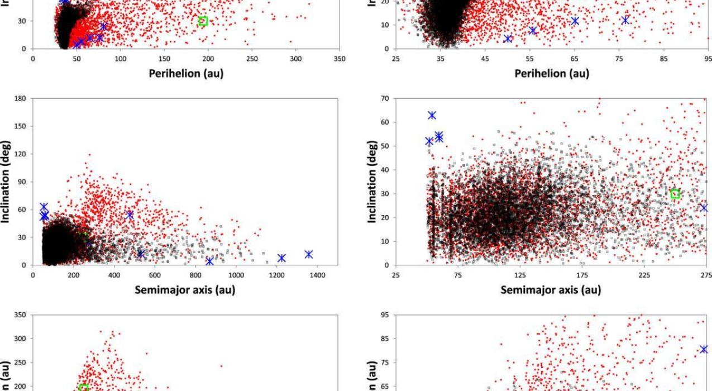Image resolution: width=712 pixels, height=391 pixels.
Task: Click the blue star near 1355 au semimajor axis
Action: click(x=308, y=254)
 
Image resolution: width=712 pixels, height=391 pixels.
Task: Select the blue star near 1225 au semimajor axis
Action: click(x=281, y=258)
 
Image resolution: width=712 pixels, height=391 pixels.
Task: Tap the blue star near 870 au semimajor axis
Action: click(x=209, y=261)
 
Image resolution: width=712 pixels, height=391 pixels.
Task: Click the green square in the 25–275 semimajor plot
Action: click(x=675, y=194)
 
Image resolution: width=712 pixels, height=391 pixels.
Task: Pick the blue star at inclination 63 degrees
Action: click(x=432, y=115)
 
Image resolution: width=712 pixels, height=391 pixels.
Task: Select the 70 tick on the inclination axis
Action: click(x=384, y=98)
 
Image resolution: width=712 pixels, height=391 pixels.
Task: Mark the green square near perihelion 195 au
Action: click(x=203, y=21)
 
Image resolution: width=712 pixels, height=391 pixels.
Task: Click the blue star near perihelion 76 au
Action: click(x=625, y=20)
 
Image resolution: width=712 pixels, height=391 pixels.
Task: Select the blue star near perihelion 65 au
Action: click(x=575, y=21)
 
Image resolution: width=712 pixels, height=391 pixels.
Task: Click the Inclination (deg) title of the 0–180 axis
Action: click(x=6, y=182)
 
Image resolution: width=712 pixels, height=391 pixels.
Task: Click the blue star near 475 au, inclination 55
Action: click(x=130, y=214)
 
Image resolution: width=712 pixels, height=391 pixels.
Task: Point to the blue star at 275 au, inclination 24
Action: click(x=704, y=208)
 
